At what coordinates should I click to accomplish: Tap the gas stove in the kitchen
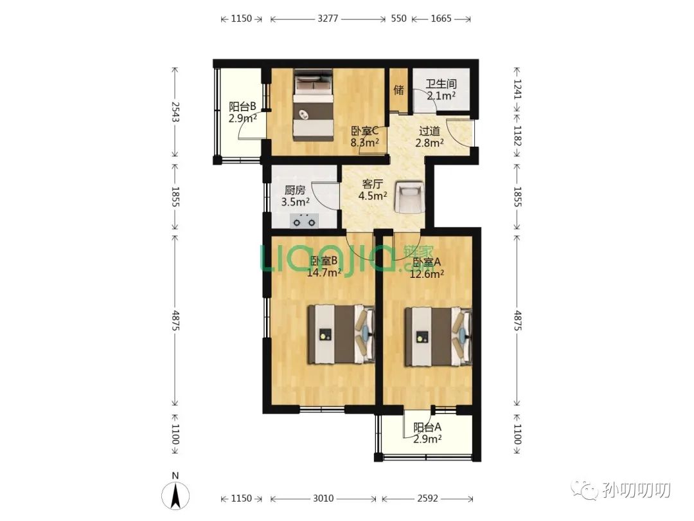tap(305, 221)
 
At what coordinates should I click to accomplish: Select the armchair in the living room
tap(409, 197)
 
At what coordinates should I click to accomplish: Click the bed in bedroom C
tap(313, 105)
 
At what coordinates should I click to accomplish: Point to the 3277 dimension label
tap(328, 19)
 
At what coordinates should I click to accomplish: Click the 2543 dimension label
tap(175, 112)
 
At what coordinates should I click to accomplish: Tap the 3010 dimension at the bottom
tap(323, 498)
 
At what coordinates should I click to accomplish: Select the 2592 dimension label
tap(427, 498)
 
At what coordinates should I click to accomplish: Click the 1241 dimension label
tap(517, 89)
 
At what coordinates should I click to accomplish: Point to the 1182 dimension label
tap(517, 136)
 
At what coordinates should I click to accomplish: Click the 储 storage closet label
tap(399, 89)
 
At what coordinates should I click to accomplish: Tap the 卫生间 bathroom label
tap(441, 84)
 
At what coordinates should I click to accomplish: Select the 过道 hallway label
tap(429, 131)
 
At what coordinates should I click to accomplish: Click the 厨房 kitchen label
tap(295, 190)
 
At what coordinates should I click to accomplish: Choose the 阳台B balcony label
tap(242, 107)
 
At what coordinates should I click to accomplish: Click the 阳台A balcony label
tap(427, 428)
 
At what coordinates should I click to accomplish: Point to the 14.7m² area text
tap(324, 273)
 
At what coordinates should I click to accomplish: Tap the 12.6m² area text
tap(427, 274)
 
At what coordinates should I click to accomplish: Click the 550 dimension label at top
tap(399, 19)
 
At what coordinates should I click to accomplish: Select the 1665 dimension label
tap(441, 19)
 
